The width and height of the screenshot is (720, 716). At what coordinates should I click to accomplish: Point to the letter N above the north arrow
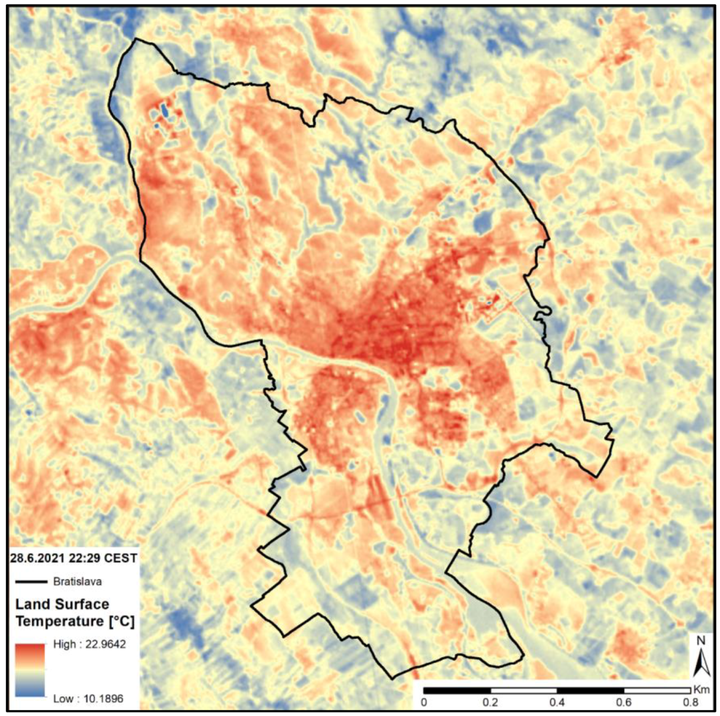[701, 640]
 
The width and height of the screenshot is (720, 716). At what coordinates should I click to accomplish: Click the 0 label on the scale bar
[423, 702]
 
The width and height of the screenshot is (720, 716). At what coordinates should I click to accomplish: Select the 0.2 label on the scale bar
[490, 702]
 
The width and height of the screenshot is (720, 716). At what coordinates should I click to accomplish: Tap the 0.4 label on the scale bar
[557, 702]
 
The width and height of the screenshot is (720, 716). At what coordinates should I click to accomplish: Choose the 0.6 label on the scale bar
[624, 702]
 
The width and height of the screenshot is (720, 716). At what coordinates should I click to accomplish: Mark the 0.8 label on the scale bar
[690, 702]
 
